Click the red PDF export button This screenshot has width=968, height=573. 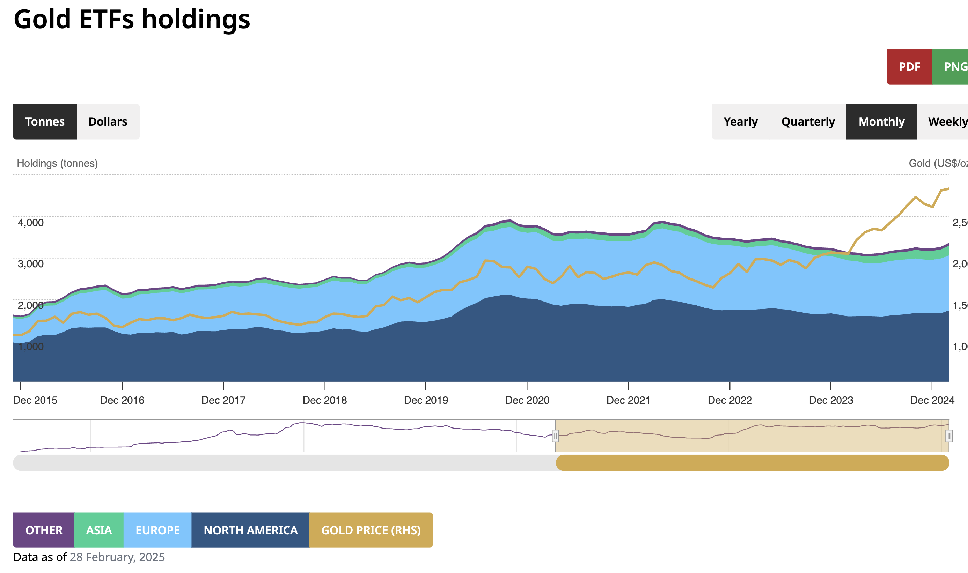pyautogui.click(x=909, y=67)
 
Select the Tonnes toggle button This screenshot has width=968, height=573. pyautogui.click(x=45, y=122)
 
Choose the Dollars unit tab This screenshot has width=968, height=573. pyautogui.click(x=108, y=122)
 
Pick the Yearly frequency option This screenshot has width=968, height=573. pyautogui.click(x=740, y=122)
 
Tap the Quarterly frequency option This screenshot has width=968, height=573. pyautogui.click(x=808, y=122)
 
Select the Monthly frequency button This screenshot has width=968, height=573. pyautogui.click(x=881, y=122)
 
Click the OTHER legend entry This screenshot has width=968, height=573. pyautogui.click(x=44, y=530)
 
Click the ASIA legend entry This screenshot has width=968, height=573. pyautogui.click(x=99, y=530)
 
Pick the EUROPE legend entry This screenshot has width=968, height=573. pyautogui.click(x=157, y=530)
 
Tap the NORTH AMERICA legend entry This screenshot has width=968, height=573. pyautogui.click(x=250, y=530)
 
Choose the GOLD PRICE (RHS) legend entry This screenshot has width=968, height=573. pyautogui.click(x=371, y=530)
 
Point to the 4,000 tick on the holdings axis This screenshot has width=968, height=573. pyautogui.click(x=30, y=222)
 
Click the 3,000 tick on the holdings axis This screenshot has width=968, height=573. pyautogui.click(x=30, y=264)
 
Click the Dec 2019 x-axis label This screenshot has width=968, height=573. pyautogui.click(x=426, y=400)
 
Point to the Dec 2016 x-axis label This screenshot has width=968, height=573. pyautogui.click(x=122, y=400)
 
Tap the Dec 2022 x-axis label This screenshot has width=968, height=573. pyautogui.click(x=730, y=400)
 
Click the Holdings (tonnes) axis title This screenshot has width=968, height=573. pyautogui.click(x=57, y=163)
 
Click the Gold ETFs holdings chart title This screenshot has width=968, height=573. pyautogui.click(x=132, y=19)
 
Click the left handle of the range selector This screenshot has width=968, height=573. pyautogui.click(x=555, y=436)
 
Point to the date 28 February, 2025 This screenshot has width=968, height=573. pyautogui.click(x=117, y=557)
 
